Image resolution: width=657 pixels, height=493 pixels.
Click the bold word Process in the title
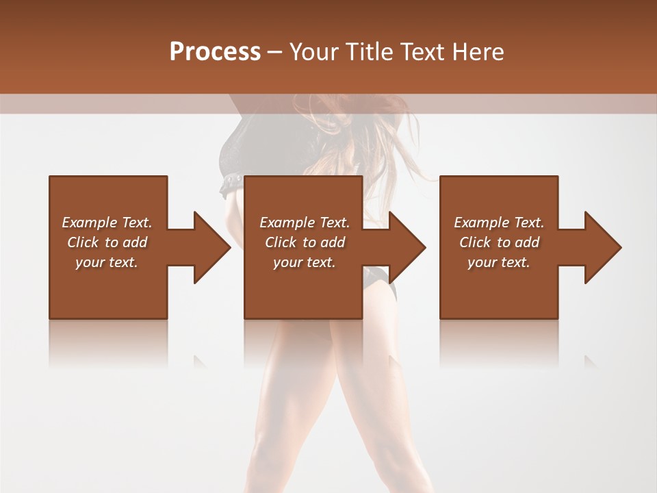tap(215, 52)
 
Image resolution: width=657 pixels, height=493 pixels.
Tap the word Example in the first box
tap(90, 223)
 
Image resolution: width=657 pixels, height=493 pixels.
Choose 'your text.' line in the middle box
tap(304, 262)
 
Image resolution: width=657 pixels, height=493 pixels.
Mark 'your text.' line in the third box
tap(498, 262)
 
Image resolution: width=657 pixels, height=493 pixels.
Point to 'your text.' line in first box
tap(106, 262)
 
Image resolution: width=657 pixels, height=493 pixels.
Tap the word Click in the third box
tap(476, 242)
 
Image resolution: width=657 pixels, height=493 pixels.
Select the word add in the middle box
tap(333, 242)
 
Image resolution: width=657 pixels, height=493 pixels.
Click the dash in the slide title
tap(274, 52)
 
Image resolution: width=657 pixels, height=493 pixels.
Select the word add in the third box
tap(527, 242)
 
